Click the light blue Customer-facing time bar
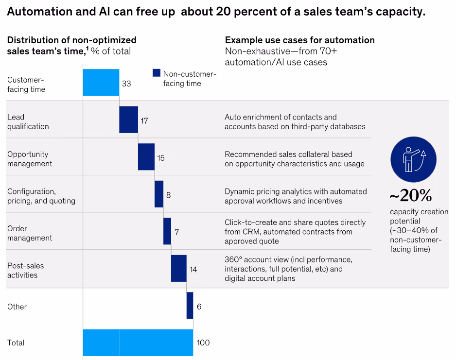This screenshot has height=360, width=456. click(101, 83)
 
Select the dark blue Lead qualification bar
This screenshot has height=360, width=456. click(128, 120)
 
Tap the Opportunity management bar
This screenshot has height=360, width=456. click(146, 157)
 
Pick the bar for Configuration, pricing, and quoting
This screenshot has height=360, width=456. click(159, 194)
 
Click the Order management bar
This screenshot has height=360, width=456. click(167, 231)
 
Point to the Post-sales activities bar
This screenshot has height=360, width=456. click(179, 268)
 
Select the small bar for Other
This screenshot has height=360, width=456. click(190, 306)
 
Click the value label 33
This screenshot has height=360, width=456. click(126, 84)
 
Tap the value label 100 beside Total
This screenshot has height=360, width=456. click(203, 343)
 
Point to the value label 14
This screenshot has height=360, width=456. click(193, 269)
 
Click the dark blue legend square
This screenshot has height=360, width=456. click(157, 73)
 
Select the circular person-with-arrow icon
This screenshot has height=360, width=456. click(413, 159)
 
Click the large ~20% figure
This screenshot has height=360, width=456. click(410, 196)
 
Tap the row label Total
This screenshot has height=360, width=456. click(16, 343)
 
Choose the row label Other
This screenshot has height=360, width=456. click(17, 307)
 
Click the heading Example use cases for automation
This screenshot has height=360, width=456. click(299, 40)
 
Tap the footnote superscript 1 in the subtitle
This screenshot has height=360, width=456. click(87, 48)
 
